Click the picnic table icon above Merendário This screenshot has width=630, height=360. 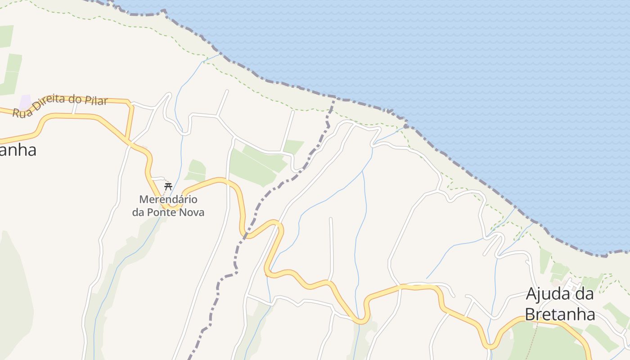168,186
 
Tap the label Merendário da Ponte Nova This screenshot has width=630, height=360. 168,206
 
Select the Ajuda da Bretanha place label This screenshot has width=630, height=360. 560,304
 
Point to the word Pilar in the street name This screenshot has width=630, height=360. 96,100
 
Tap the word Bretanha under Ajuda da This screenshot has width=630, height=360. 560,314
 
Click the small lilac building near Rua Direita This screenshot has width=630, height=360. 25,102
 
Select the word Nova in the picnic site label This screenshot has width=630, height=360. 191,212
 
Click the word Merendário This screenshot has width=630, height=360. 168,199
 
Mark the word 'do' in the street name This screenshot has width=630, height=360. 76,99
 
